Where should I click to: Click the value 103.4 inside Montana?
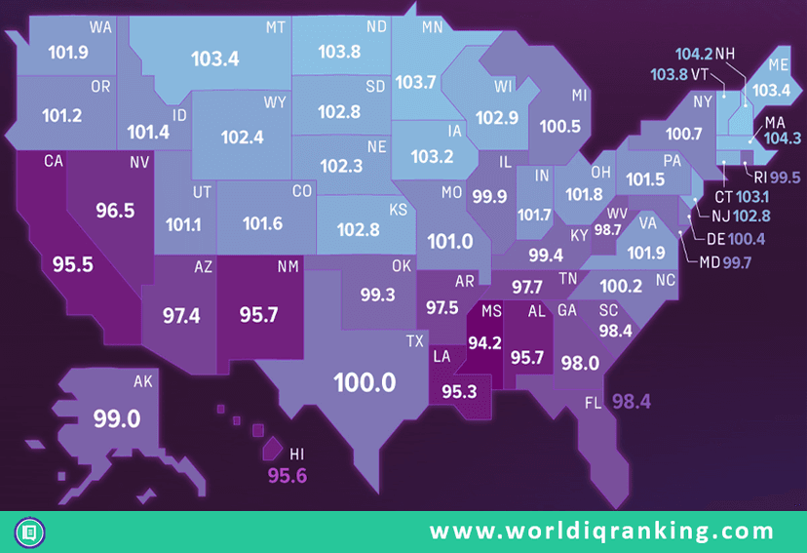214,59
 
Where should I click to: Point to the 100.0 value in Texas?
365,381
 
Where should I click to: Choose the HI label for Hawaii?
298,454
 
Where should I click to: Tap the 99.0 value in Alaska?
117,419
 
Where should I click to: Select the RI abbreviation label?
759,178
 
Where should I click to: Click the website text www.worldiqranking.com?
602,532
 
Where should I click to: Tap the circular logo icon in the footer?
30,533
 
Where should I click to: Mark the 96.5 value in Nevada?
115,210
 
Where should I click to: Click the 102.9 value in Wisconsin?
498,118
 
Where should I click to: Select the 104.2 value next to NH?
693,54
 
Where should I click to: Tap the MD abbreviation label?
710,262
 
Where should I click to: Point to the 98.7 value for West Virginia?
607,229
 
